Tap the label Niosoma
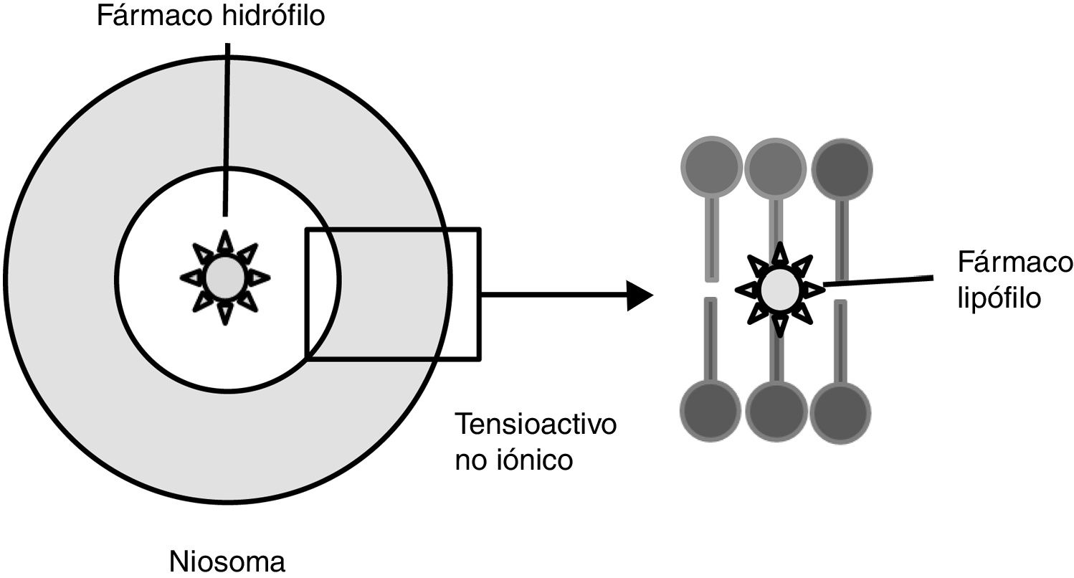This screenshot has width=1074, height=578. coord(228,562)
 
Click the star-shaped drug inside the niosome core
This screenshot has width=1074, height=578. coord(225,277)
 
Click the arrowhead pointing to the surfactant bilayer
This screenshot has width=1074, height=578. coord(640,295)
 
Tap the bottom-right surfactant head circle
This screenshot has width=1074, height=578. coord(842,411)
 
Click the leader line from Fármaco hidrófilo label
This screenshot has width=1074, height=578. coord(227,129)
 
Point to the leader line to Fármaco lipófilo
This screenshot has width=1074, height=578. coord(878,280)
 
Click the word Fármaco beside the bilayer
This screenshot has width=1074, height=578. coord(1014,263)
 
